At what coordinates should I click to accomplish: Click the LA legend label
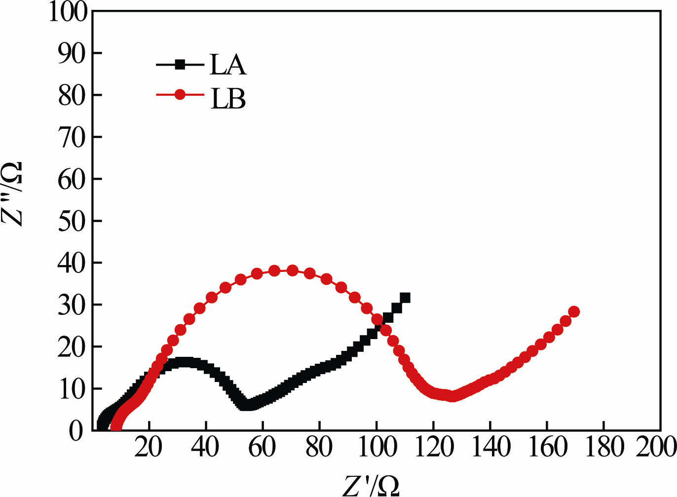227,65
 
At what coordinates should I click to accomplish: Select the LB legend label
228,98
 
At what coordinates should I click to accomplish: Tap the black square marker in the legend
181,64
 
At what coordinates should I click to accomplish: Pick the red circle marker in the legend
180,94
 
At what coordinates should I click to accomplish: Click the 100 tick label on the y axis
68,11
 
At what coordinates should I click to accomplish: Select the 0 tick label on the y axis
77,430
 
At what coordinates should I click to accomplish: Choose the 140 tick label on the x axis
490,448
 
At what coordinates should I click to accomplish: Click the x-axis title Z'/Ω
371,485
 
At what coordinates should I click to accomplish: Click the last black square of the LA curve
405,298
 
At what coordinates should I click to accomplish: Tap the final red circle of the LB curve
574,311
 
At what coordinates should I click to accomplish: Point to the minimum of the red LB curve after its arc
452,396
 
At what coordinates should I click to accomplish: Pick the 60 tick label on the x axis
262,448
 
